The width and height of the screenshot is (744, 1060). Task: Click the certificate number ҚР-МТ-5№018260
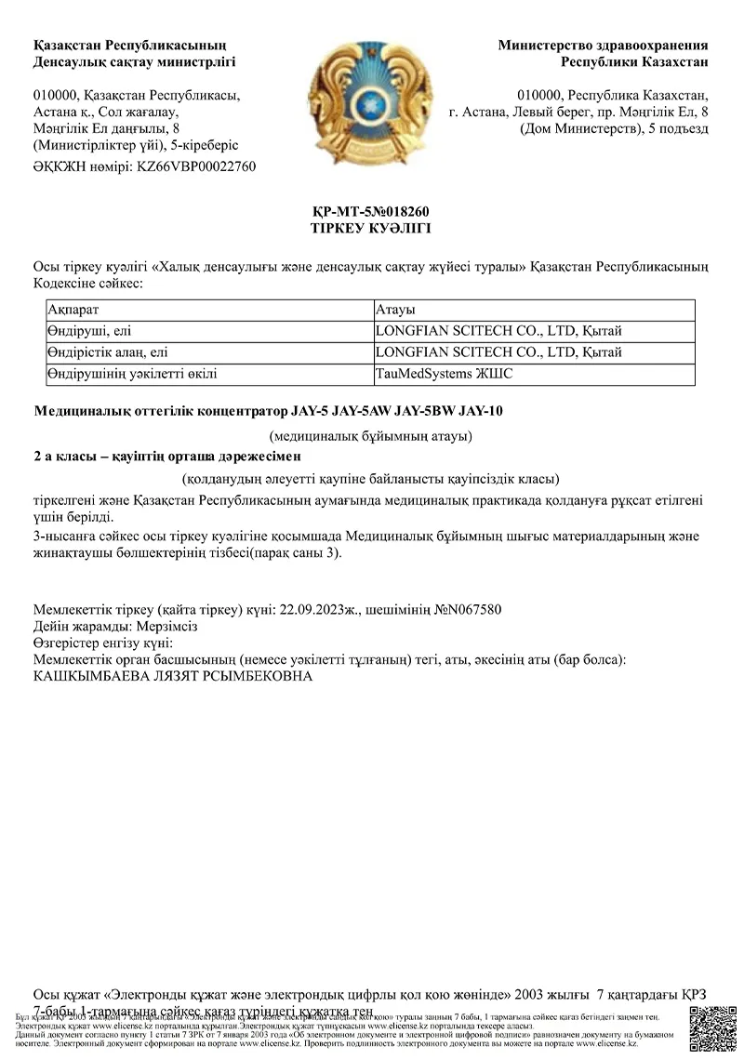pos(370,212)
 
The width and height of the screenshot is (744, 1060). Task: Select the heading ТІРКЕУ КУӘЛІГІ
pos(370,228)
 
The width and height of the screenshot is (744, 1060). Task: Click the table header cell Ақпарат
pos(73,310)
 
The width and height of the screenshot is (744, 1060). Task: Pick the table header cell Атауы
pos(394,310)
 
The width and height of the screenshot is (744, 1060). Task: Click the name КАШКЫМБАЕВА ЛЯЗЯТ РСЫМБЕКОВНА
pos(173,676)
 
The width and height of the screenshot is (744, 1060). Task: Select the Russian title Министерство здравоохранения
pos(603,45)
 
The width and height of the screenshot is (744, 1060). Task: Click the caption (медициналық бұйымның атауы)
pos(370,435)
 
